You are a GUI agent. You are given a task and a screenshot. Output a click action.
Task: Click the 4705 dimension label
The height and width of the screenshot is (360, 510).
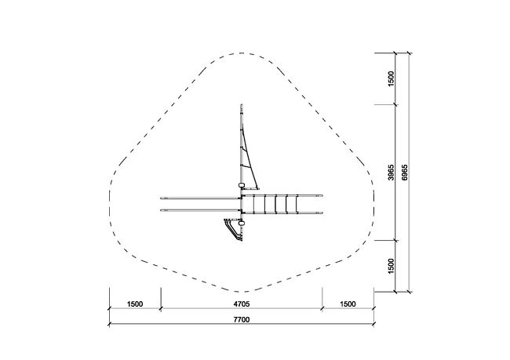242,304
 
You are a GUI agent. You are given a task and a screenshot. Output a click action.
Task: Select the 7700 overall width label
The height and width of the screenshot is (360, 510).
242,320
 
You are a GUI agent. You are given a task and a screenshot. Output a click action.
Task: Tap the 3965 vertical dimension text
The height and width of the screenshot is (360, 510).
392,172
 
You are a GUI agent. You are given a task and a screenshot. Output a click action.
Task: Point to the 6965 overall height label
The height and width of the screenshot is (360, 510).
404,172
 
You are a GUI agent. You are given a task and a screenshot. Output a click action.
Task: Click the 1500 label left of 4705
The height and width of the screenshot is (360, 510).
135,304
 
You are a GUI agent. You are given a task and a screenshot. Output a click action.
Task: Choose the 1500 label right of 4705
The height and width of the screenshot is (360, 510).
348,304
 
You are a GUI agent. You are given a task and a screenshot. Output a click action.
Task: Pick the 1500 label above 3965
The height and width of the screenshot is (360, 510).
392,78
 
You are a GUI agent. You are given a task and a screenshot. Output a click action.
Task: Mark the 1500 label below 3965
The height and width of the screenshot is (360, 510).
392,266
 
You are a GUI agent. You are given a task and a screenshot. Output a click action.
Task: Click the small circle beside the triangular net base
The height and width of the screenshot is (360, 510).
242,185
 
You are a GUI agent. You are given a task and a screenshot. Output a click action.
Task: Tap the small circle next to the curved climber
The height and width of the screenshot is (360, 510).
242,224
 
